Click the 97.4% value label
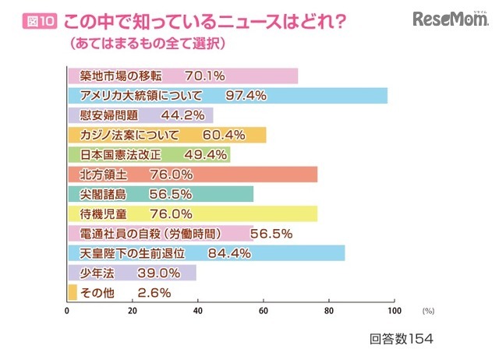(x=246, y=96)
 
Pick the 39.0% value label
(x=160, y=274)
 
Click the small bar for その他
(x=73, y=293)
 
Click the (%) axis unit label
(x=428, y=311)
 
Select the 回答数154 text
(x=400, y=340)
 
